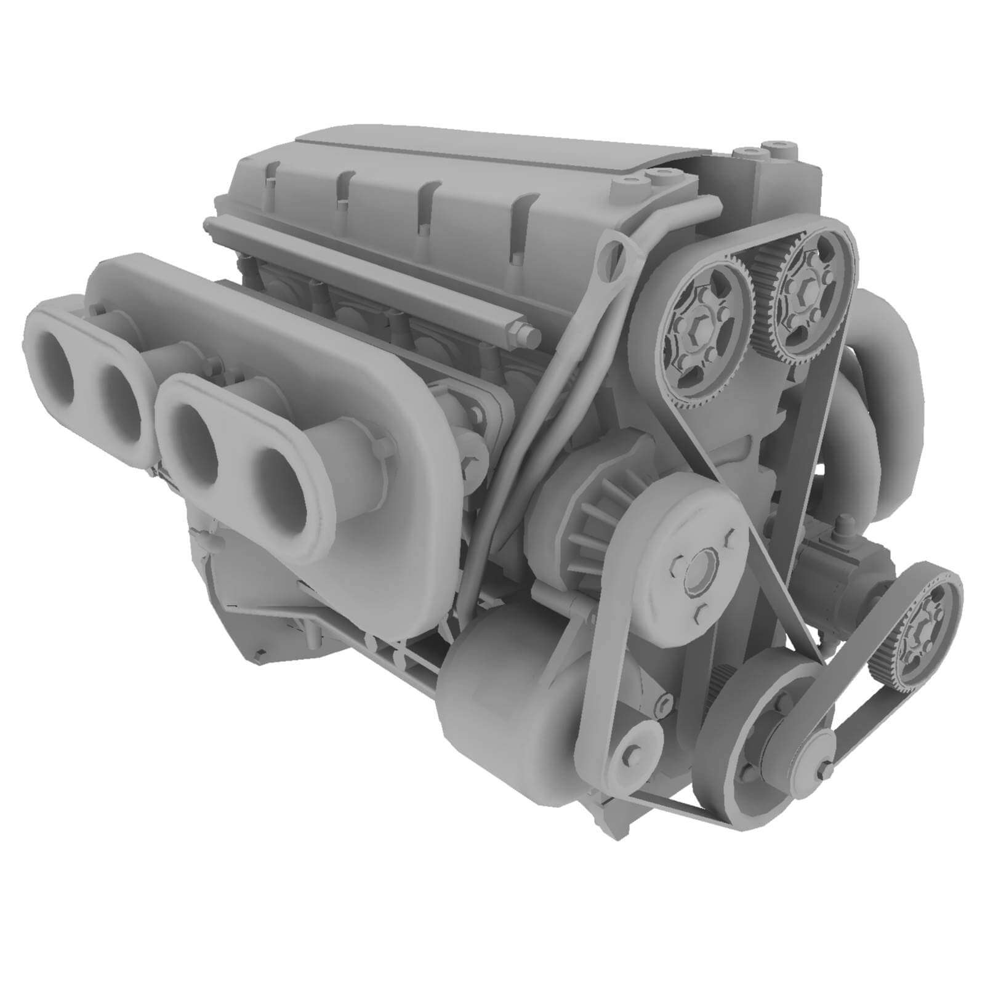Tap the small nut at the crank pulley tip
point(823,770)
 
